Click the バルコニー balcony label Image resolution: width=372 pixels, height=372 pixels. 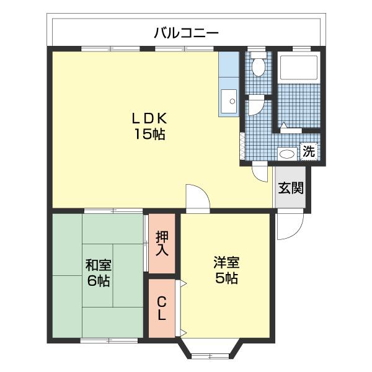186,32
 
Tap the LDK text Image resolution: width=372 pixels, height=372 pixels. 149,118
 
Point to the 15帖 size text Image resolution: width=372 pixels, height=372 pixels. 149,135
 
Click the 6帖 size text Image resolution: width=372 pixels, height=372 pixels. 99,281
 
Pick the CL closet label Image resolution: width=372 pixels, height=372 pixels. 162,308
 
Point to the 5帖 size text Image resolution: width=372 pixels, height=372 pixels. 226,278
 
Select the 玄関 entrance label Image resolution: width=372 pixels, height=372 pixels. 291,188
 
